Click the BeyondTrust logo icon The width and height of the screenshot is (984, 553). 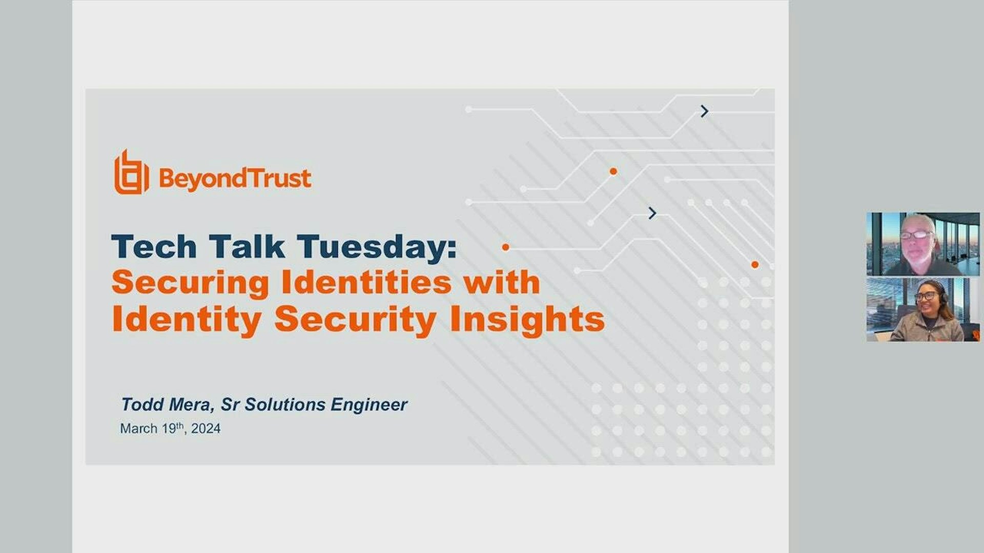(131, 173)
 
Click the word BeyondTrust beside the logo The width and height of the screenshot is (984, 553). (235, 179)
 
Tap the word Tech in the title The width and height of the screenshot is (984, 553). (154, 247)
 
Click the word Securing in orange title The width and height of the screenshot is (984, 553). (190, 283)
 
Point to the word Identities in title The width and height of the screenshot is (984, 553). (367, 283)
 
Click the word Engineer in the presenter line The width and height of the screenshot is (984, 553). (369, 405)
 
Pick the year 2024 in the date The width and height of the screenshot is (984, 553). (206, 429)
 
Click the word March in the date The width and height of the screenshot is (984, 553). (138, 429)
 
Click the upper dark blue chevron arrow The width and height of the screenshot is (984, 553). (705, 111)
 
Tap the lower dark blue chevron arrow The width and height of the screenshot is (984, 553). (652, 213)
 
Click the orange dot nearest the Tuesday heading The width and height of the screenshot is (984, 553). (505, 247)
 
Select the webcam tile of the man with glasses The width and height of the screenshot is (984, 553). (922, 244)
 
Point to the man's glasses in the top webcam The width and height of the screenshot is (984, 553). (916, 235)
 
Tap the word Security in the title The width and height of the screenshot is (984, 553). (355, 320)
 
